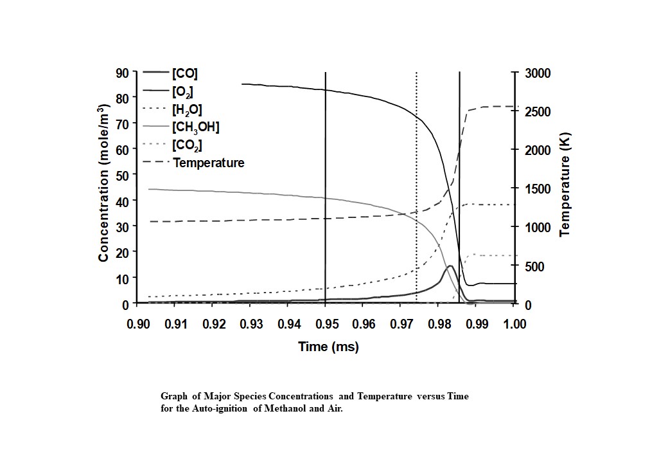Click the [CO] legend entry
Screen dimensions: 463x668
click(186, 73)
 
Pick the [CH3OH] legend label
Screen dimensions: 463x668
click(195, 127)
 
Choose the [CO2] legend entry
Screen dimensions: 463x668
click(187, 145)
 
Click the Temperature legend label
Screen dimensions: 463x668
click(208, 163)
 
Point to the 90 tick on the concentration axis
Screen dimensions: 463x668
click(122, 72)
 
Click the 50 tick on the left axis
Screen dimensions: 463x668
click(122, 175)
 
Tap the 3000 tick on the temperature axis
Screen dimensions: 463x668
click(538, 73)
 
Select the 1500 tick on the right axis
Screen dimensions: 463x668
click(538, 188)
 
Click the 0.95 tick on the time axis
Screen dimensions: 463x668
click(326, 323)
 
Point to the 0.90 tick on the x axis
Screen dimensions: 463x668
click(138, 323)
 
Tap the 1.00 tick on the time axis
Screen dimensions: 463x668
click(513, 323)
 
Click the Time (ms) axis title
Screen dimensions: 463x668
click(328, 347)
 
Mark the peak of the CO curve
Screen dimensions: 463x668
click(450, 266)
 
